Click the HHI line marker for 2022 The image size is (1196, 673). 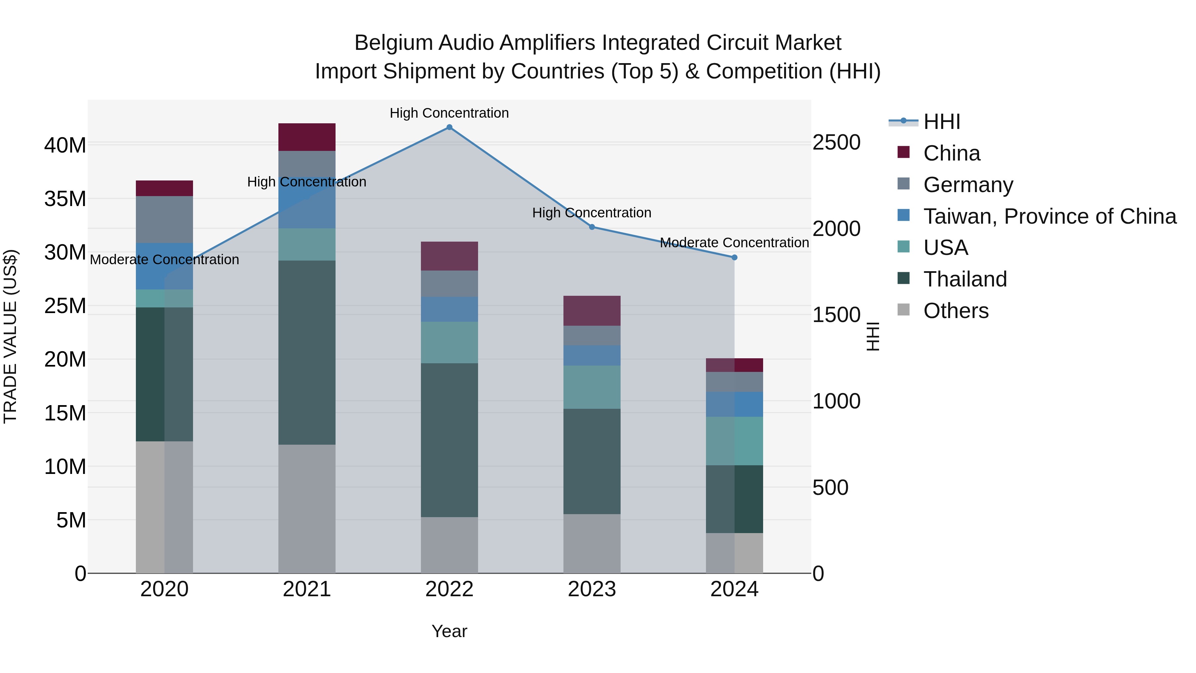tap(449, 127)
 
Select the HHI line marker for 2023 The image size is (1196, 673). tap(592, 227)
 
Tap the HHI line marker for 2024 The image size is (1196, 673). tap(735, 257)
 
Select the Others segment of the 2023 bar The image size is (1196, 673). tap(592, 543)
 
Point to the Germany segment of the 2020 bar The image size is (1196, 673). tap(164, 219)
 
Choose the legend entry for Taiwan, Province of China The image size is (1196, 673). tap(1049, 216)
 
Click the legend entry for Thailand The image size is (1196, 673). tap(965, 279)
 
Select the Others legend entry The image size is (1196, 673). tap(955, 311)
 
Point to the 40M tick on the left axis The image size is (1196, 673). tap(65, 145)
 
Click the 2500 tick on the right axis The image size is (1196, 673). tap(836, 142)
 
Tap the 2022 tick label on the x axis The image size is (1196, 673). tap(449, 589)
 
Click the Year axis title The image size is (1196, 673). tap(449, 631)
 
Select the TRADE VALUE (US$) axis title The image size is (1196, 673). tap(10, 336)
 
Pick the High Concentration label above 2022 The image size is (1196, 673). tap(449, 113)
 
